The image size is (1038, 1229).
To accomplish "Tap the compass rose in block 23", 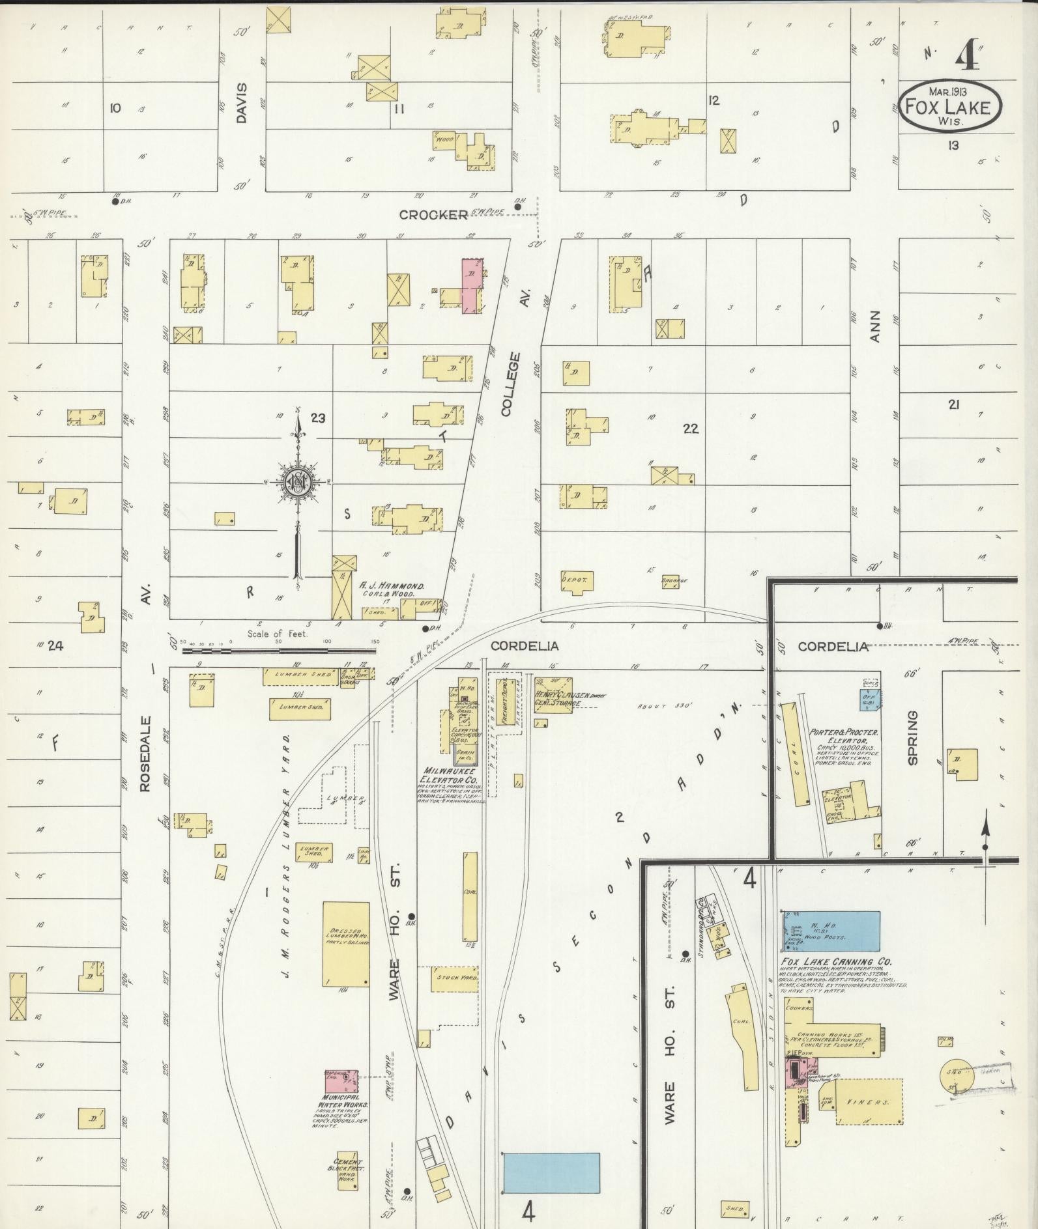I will point(298,483).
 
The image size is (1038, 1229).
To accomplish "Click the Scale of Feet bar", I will point(281,650).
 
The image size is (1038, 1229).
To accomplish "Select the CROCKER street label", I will point(433,214).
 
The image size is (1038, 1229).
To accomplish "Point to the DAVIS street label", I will point(242,103).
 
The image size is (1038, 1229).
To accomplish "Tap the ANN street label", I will point(875,326).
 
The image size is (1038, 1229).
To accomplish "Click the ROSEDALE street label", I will point(145,754).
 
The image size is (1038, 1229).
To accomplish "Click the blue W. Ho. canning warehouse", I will point(831,931).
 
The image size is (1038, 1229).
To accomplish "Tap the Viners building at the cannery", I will point(870,1101).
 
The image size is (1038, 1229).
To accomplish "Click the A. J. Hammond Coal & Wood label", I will point(392,589).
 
